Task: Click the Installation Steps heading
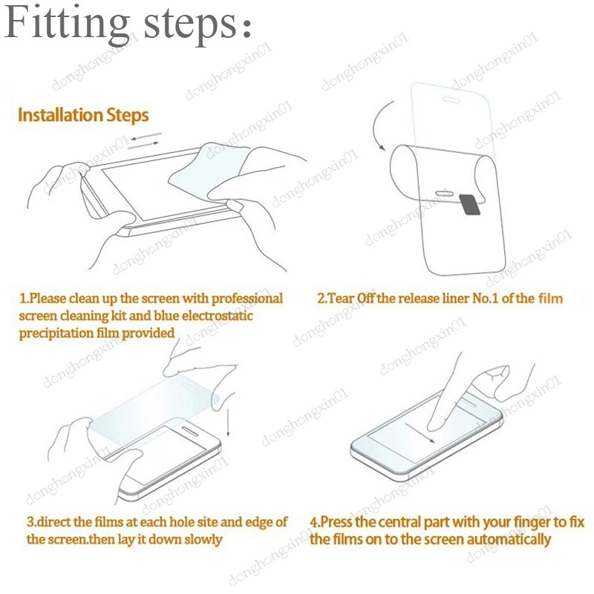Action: [83, 115]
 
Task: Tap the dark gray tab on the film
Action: [470, 205]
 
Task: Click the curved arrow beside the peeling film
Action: [380, 125]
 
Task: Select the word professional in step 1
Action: [247, 298]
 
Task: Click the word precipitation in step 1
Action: [56, 333]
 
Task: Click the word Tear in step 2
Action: [342, 298]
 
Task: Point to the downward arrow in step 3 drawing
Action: [228, 422]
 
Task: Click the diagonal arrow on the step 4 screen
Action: [420, 433]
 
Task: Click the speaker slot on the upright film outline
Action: [451, 100]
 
